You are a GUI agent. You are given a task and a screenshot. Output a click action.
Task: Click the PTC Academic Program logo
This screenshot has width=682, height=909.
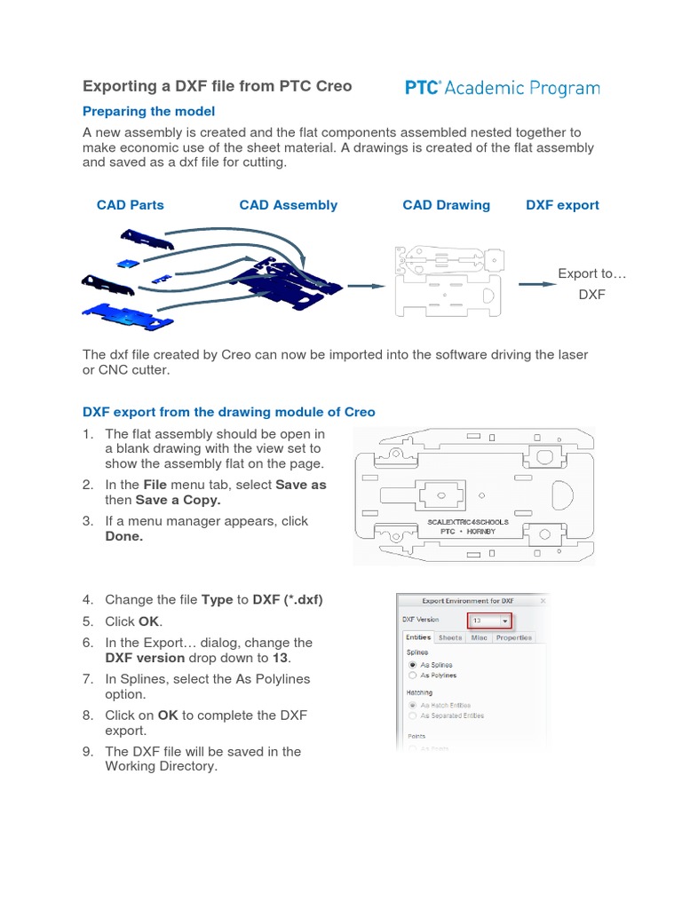click(x=502, y=88)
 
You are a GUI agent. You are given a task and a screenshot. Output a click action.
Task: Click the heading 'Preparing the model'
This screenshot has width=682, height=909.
click(x=148, y=112)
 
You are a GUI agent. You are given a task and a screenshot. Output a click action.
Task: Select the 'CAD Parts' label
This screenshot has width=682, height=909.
click(x=131, y=205)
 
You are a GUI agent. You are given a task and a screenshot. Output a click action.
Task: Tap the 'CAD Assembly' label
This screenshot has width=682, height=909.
click(x=289, y=205)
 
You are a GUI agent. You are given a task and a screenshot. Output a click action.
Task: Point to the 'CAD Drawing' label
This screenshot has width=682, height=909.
click(x=446, y=205)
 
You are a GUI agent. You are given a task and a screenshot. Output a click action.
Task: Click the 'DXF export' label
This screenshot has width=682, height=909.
click(x=562, y=205)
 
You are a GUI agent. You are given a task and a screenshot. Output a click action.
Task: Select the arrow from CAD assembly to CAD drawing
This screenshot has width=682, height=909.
click(x=365, y=286)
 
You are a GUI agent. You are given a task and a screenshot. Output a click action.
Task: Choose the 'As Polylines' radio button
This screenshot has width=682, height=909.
click(x=412, y=675)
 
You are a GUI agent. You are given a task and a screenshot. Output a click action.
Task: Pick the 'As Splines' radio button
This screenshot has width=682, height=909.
click(x=412, y=664)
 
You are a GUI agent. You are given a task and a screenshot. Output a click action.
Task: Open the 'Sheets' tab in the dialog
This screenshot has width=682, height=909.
click(x=450, y=637)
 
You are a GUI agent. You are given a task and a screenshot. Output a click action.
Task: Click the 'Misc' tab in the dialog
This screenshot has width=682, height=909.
click(x=479, y=637)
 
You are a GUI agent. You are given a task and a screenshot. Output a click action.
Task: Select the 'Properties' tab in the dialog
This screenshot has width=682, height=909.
click(x=514, y=637)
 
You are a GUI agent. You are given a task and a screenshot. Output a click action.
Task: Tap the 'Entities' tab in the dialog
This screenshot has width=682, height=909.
click(x=417, y=637)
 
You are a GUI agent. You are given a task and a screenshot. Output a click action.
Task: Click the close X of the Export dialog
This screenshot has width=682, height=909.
click(x=543, y=601)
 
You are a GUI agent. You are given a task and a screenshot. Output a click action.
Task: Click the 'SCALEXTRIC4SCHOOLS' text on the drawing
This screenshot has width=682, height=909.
click(x=469, y=522)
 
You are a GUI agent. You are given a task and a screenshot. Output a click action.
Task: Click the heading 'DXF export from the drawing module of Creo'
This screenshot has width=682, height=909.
click(x=229, y=412)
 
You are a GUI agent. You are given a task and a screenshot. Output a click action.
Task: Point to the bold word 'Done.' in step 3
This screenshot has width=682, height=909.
click(x=123, y=537)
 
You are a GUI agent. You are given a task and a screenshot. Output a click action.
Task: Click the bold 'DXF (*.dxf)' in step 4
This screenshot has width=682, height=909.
click(x=288, y=600)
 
